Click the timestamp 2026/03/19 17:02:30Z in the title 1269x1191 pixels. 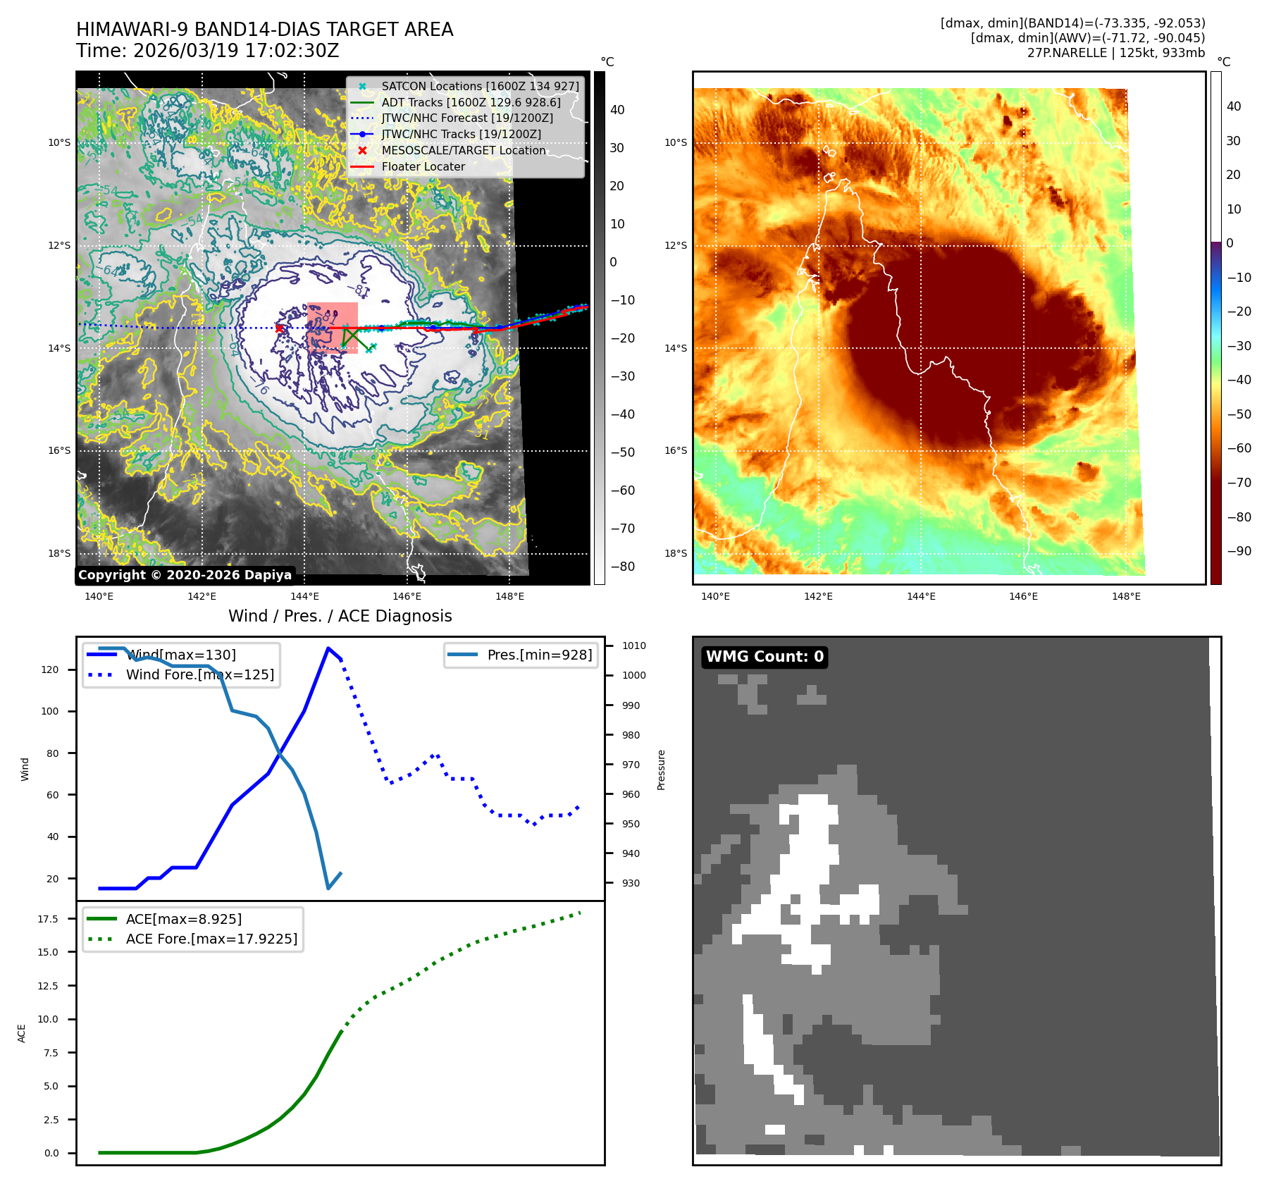click(236, 51)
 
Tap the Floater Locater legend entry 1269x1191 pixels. click(423, 167)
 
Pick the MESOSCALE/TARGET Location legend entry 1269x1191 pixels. click(463, 151)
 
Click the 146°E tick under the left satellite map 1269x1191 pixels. click(407, 596)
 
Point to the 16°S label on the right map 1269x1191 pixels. click(675, 451)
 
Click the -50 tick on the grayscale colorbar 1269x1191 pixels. click(622, 452)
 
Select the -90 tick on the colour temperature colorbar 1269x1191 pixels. click(1239, 551)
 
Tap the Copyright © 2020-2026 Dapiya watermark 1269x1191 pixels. click(185, 575)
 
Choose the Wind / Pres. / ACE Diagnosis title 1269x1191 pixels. click(340, 616)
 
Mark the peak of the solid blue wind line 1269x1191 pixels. click(328, 648)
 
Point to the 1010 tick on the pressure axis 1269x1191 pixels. click(633, 646)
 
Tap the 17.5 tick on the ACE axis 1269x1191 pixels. click(48, 919)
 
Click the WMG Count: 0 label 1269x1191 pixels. click(765, 657)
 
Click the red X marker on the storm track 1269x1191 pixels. click(280, 328)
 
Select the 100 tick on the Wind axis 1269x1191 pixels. click(50, 711)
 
